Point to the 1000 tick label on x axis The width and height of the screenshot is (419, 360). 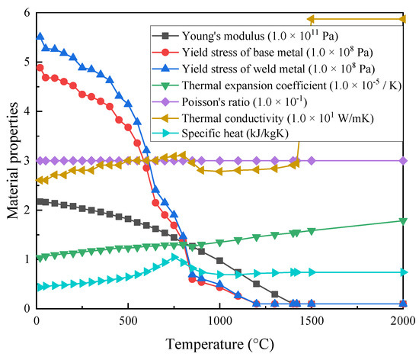click(x=219, y=320)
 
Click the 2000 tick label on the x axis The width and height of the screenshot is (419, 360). click(x=403, y=320)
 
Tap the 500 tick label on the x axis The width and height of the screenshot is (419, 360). click(x=128, y=320)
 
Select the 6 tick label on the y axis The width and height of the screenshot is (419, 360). click(x=27, y=13)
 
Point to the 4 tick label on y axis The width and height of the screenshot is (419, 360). click(x=27, y=111)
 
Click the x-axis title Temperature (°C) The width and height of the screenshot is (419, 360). click(x=219, y=344)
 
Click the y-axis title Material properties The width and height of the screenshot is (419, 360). click(x=12, y=160)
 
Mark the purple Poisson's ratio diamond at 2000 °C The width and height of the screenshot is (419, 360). click(x=403, y=161)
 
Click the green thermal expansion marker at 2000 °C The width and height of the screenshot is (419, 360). click(x=403, y=221)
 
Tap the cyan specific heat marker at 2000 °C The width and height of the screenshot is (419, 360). click(x=404, y=272)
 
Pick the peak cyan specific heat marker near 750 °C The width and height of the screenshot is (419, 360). click(x=174, y=257)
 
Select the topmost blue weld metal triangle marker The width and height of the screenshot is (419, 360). click(x=40, y=37)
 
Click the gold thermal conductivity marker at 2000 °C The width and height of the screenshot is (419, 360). click(x=402, y=19)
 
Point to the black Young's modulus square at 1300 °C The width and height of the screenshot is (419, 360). click(x=275, y=294)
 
